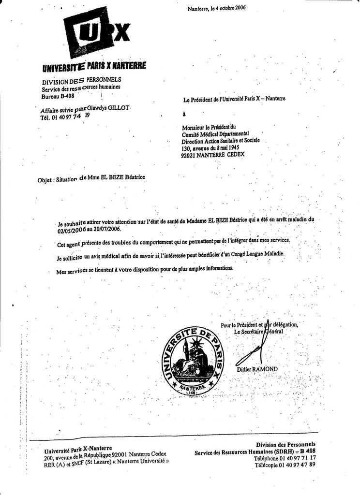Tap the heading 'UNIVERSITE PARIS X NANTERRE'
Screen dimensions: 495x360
pyautogui.click(x=94, y=66)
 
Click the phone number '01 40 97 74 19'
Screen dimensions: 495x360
pyautogui.click(x=71, y=116)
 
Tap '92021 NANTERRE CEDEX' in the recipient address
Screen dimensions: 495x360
pyautogui.click(x=213, y=156)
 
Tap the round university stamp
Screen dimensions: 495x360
pyautogui.click(x=193, y=360)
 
